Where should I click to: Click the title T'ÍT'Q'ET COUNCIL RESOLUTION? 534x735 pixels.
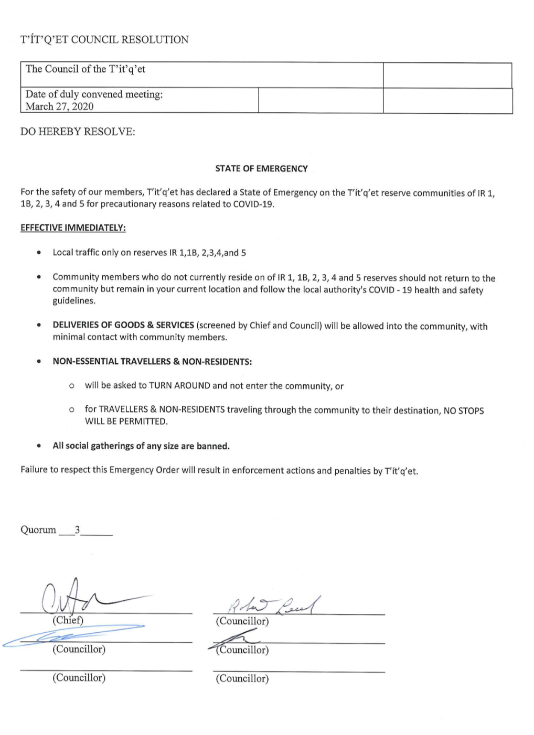(x=104, y=40)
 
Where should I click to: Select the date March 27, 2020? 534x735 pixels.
(x=59, y=106)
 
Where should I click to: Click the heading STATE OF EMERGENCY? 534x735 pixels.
(x=261, y=169)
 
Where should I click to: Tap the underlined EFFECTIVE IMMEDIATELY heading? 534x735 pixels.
(x=73, y=228)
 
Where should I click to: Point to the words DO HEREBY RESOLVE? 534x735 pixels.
(x=78, y=132)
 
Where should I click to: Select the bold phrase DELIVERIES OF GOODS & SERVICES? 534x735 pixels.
(x=123, y=325)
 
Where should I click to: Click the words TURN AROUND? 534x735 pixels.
(x=179, y=386)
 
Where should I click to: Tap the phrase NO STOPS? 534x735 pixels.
(x=464, y=410)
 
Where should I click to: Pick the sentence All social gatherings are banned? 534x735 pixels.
(x=141, y=446)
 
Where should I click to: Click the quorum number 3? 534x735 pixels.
(x=77, y=530)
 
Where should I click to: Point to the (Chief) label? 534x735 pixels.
(x=68, y=620)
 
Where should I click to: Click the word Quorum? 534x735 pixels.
(x=38, y=530)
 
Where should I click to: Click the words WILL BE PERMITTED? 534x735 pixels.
(x=126, y=421)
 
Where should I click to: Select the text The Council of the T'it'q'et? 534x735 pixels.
(x=86, y=69)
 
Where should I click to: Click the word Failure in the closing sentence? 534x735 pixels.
(x=34, y=470)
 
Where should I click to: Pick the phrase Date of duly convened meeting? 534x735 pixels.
(x=94, y=94)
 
